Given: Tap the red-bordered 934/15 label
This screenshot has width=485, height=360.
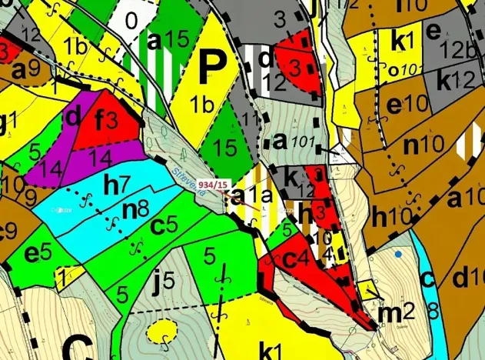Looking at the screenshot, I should [213, 185].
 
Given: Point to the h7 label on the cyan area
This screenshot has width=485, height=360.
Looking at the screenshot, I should [117, 185].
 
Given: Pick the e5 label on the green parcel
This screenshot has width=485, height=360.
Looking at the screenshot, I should [38, 252].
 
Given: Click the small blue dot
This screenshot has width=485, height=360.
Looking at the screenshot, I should [397, 253].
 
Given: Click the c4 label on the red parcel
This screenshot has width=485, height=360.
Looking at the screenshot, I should [296, 259].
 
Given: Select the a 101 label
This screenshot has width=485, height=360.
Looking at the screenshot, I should [293, 141].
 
